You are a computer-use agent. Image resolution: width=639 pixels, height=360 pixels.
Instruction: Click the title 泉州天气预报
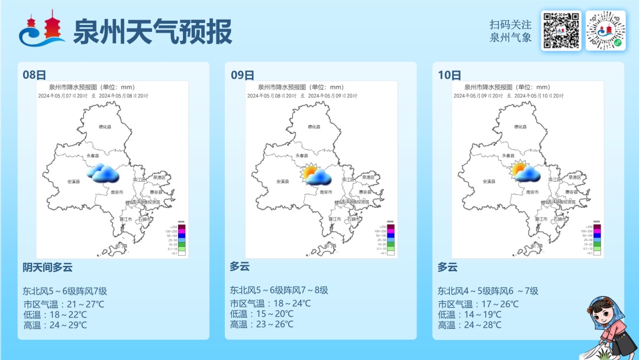[x=152, y=31]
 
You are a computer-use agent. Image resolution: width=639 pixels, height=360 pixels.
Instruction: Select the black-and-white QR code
[x=560, y=31]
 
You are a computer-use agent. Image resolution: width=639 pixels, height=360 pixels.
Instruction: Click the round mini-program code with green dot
[x=605, y=31]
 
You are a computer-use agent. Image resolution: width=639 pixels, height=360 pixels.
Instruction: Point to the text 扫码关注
[x=510, y=25]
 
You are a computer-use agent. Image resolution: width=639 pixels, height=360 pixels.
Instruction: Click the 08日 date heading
[x=34, y=75]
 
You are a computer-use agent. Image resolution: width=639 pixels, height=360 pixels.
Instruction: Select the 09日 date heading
[x=242, y=75]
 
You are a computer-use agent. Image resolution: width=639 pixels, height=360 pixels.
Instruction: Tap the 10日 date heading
[x=450, y=75]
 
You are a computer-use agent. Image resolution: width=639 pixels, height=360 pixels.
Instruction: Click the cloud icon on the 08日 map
[x=103, y=173]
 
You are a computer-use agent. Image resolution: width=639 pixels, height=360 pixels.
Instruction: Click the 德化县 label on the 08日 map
[x=105, y=127]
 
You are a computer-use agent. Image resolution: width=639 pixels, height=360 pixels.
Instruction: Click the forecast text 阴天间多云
[x=47, y=268]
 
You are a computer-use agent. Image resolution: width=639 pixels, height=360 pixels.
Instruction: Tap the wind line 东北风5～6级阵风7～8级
[x=279, y=290]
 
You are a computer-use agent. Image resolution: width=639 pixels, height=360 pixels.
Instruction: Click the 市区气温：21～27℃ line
[x=63, y=304]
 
